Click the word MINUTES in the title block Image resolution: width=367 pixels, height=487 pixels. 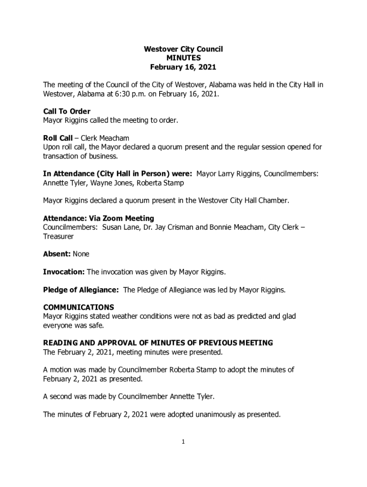(x=183, y=58)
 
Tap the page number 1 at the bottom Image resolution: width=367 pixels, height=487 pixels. (x=183, y=442)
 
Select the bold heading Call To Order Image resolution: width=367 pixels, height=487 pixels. (x=67, y=112)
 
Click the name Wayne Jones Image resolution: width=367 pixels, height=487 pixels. (x=109, y=183)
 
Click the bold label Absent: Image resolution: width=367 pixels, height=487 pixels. (x=57, y=254)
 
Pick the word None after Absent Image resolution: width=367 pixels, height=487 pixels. (x=81, y=254)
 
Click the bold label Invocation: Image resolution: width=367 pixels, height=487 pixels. (x=64, y=272)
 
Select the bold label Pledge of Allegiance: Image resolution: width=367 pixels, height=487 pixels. (x=81, y=290)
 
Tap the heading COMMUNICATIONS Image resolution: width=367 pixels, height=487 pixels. (x=79, y=307)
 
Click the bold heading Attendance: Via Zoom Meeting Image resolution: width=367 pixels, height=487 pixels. (x=99, y=218)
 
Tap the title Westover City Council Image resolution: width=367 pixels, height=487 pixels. (x=183, y=49)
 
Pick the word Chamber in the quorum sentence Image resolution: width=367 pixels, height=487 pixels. (x=274, y=201)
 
